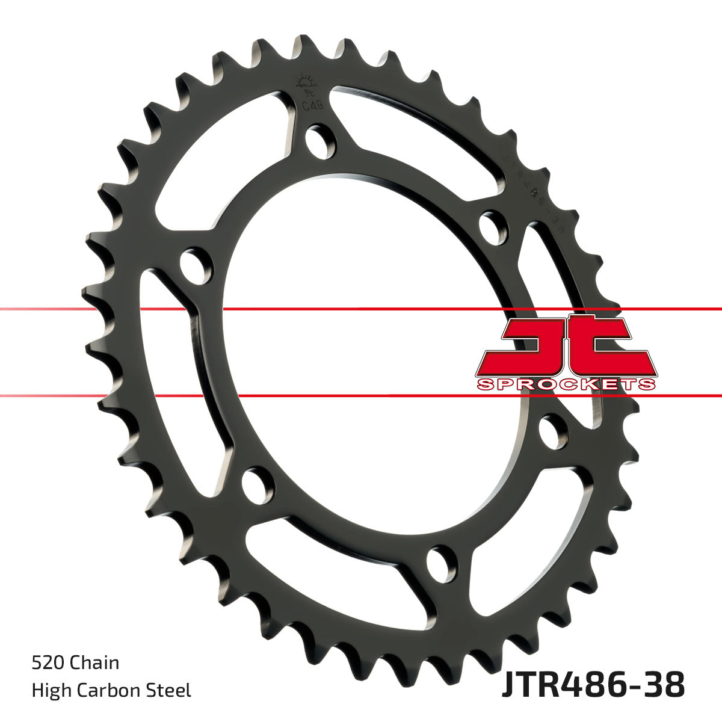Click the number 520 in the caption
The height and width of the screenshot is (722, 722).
[x=47, y=663]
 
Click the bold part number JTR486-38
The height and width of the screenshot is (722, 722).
[x=593, y=685]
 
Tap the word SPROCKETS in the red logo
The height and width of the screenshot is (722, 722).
[x=566, y=384]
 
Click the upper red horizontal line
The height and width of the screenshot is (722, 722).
[x=361, y=309]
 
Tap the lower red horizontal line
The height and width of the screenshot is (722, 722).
[x=361, y=396]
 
